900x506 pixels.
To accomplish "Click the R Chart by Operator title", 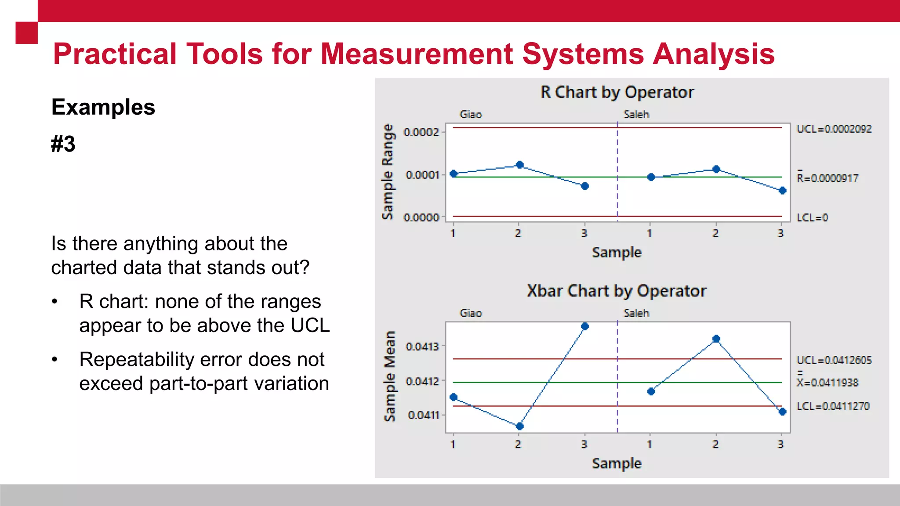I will click(617, 92).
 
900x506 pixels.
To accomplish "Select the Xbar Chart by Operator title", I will click(617, 291).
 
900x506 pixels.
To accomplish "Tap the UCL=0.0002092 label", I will click(834, 129).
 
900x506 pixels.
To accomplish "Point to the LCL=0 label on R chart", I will click(812, 218).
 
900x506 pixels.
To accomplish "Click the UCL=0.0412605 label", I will click(834, 361).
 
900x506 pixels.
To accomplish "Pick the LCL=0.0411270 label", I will click(833, 406).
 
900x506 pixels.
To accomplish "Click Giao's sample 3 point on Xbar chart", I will click(585, 326).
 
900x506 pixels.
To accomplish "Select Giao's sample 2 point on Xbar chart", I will click(519, 426).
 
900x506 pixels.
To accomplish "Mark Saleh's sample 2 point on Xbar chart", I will click(716, 339).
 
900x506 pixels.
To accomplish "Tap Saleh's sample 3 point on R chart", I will click(782, 191).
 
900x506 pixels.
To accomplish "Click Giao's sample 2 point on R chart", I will click(520, 165).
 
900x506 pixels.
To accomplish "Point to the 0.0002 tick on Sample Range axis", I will click(421, 132).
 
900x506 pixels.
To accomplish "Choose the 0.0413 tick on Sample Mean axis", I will click(422, 347).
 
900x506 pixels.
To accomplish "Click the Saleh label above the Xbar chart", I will click(636, 313).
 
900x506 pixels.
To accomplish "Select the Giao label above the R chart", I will click(471, 115).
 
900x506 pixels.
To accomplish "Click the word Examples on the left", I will click(103, 107).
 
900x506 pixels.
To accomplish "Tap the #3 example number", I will click(63, 144).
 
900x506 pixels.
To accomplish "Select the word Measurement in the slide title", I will click(417, 54).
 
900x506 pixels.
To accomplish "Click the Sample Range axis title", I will click(388, 172).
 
